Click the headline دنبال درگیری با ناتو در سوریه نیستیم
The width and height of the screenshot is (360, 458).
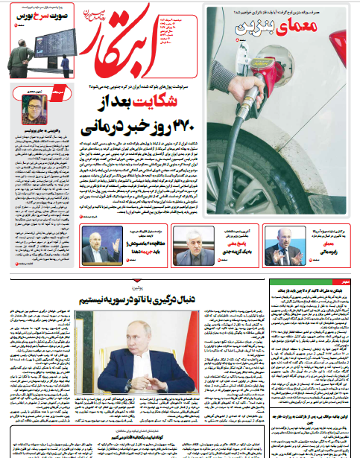135,299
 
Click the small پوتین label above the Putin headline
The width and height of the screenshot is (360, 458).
135,286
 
